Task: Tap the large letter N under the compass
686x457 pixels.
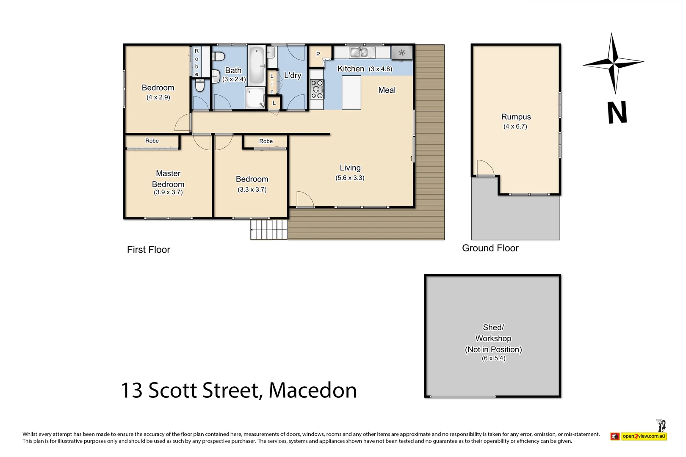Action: pos(617,113)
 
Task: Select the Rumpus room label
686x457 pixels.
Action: pos(516,117)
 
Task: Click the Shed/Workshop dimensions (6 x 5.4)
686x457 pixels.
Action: pos(493,358)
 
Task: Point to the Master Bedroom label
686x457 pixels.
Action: pos(168,179)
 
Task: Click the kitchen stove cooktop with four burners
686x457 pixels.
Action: pos(317,89)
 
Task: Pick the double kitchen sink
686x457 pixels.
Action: pos(362,52)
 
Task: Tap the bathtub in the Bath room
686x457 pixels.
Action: pos(256,65)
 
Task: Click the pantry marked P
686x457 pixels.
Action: pos(318,55)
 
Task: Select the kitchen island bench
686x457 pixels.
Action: pos(351,93)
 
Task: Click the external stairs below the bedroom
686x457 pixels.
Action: pos(268,229)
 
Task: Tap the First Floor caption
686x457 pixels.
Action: pos(148,250)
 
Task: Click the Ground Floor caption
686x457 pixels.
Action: pos(490,248)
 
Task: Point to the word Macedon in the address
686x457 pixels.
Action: pos(313,390)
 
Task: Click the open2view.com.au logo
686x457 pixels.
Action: pos(639,436)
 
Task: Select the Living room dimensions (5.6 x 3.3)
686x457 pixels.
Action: pos(350,178)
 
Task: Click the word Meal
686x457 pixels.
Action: pos(387,90)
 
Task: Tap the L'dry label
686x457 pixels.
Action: pos(292,75)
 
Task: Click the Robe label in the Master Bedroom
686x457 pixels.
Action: pos(152,141)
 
